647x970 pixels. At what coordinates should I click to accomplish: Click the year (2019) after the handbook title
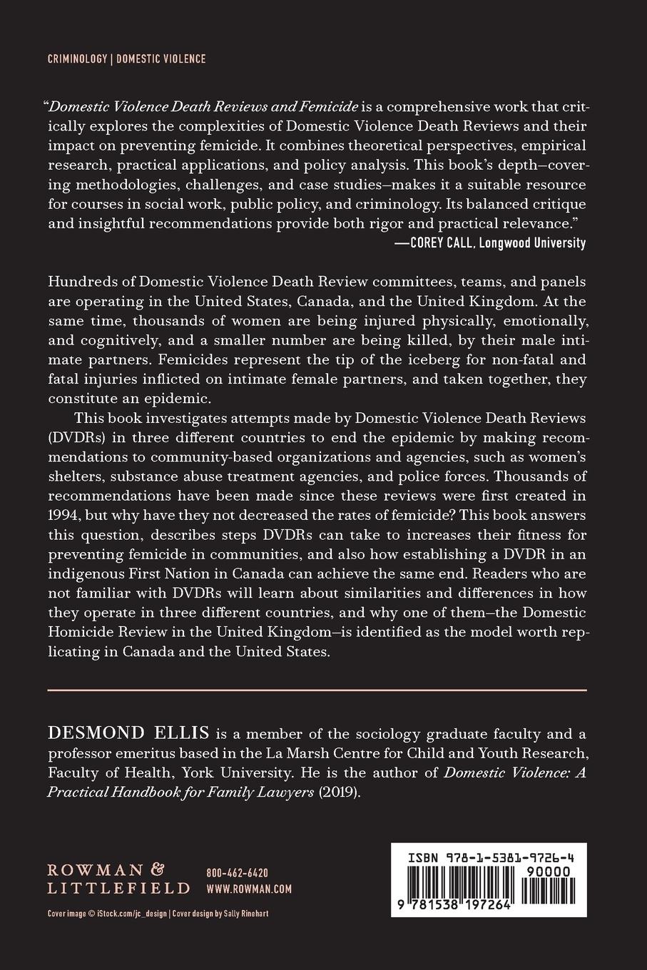pyautogui.click(x=340, y=794)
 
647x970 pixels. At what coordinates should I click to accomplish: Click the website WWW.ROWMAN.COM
pyautogui.click(x=249, y=889)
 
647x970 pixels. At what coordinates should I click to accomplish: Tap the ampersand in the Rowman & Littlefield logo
pyautogui.click(x=158, y=869)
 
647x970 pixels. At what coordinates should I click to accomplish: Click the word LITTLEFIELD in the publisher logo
pyautogui.click(x=118, y=889)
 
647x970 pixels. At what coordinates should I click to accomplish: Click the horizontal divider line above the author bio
pyautogui.click(x=317, y=690)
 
